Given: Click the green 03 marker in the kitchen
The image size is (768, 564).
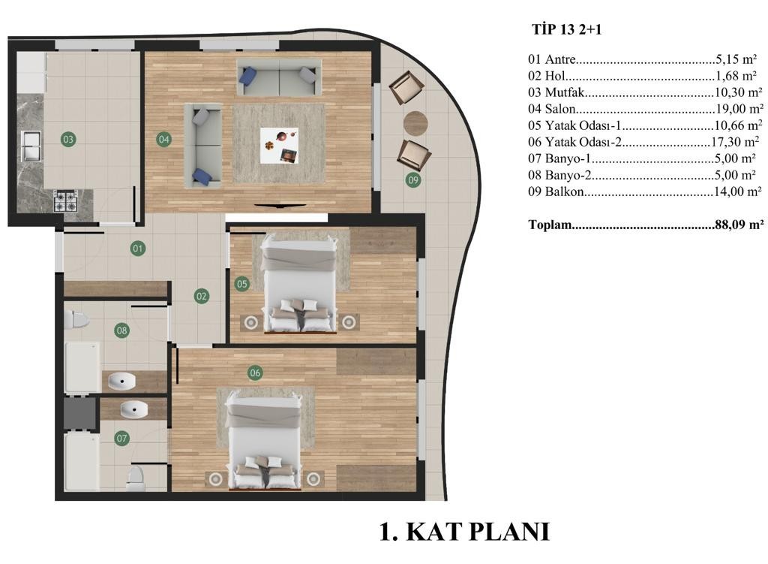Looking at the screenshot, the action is [x=68, y=139].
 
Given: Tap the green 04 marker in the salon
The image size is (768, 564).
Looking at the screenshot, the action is [x=163, y=139].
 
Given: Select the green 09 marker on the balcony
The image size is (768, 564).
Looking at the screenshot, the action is [x=413, y=180].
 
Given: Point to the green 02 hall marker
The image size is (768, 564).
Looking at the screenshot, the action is [x=201, y=296].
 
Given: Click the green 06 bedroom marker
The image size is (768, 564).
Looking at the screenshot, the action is [x=255, y=372].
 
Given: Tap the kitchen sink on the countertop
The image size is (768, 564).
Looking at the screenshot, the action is [x=31, y=146].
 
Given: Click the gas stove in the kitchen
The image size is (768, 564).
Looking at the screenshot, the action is [x=66, y=201].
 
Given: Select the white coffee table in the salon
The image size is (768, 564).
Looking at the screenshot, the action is [x=279, y=146].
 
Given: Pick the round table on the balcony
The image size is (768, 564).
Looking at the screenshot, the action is [x=415, y=122].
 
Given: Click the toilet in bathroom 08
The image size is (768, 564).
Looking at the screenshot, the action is [x=76, y=320].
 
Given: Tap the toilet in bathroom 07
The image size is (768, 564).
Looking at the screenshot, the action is [x=136, y=478].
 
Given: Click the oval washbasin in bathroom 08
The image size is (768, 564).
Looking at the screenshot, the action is [x=121, y=381].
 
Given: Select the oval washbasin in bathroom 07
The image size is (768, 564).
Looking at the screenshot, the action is [x=134, y=409].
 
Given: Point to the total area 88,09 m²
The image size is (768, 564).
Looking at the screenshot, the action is [x=739, y=225].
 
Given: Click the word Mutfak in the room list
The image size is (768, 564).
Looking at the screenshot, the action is [x=565, y=92].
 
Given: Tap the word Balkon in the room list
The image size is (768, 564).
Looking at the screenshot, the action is [x=564, y=192].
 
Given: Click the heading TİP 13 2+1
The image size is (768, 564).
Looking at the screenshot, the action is [x=567, y=29].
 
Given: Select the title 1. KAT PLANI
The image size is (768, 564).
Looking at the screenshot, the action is [x=465, y=532].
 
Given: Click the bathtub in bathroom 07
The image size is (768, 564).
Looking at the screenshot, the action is [x=82, y=461].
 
